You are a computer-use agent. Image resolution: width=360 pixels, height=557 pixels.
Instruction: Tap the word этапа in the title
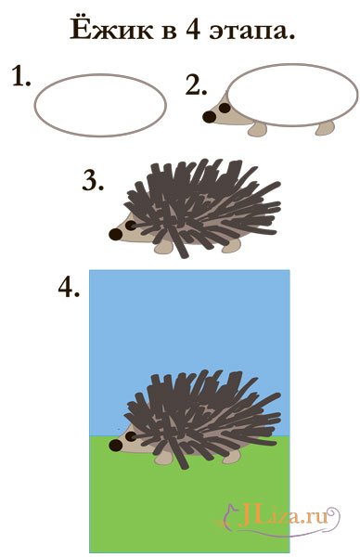click(x=252, y=32)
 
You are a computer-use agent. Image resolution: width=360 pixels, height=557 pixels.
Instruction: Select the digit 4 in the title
click(x=192, y=30)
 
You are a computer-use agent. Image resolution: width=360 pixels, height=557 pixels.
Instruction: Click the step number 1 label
click(x=21, y=76)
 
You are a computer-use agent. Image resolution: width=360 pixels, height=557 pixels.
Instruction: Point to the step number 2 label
click(x=196, y=85)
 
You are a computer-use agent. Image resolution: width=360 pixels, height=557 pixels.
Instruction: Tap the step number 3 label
click(x=93, y=180)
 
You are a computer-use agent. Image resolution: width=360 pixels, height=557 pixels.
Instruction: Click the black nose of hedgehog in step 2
click(x=209, y=117)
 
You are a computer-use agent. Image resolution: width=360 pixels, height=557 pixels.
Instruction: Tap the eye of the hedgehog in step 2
click(x=225, y=108)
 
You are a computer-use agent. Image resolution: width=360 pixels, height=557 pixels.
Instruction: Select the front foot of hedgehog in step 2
click(x=257, y=129)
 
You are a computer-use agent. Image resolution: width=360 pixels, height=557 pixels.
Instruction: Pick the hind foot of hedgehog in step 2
click(x=325, y=128)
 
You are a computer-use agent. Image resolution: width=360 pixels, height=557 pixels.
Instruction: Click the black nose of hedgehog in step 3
click(x=115, y=234)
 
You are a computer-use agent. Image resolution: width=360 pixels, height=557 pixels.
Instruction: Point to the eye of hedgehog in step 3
click(x=131, y=226)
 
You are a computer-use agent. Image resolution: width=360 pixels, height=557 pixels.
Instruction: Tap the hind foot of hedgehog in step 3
click(x=231, y=247)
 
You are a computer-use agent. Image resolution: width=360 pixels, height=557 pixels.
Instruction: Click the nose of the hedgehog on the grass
click(x=116, y=445)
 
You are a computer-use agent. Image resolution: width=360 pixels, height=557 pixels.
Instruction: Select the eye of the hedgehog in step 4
click(x=131, y=436)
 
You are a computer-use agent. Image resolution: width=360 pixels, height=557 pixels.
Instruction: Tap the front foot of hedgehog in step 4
click(x=164, y=459)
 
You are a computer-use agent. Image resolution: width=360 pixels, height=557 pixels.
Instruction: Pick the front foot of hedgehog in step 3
click(x=163, y=247)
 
